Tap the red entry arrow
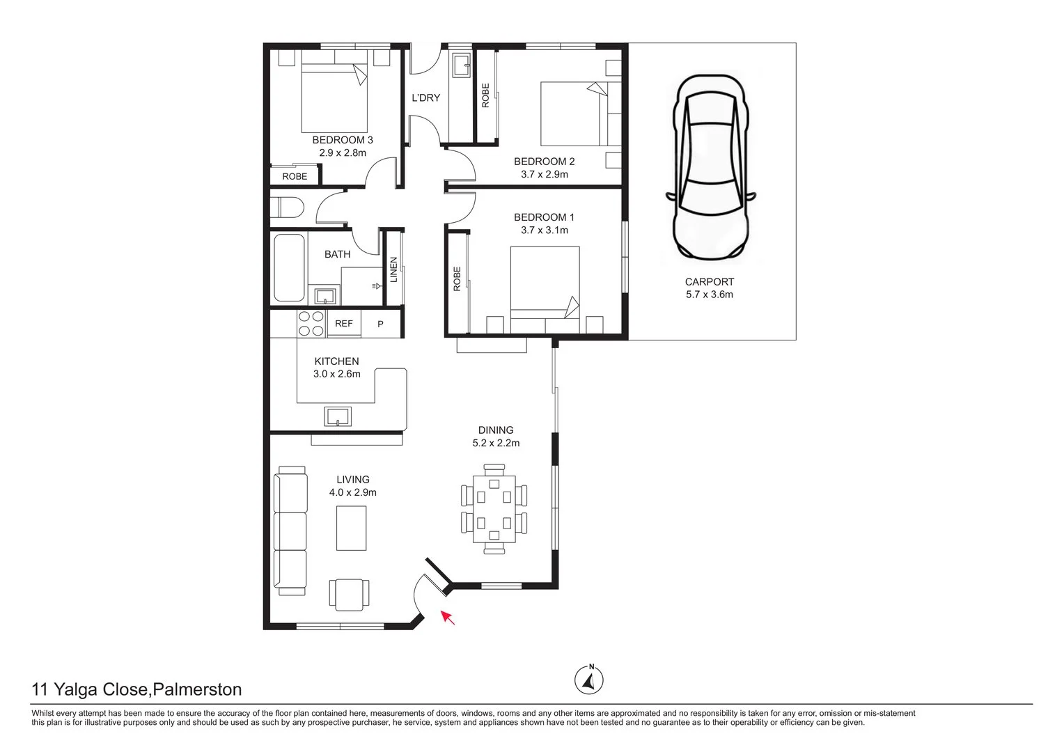tap(448, 617)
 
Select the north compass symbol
tap(589, 680)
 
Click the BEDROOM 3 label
tap(342, 140)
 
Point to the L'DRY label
tap(425, 98)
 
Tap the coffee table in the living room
tap(352, 528)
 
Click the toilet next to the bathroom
tap(287, 208)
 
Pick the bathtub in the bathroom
tap(288, 267)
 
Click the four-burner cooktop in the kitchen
tap(311, 324)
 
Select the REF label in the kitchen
tap(344, 324)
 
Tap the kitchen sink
tap(338, 416)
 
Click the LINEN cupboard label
tap(393, 270)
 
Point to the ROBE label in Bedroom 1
tap(457, 279)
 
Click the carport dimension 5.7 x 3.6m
tap(709, 295)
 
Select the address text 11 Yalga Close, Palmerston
tap(137, 689)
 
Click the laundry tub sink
tap(461, 66)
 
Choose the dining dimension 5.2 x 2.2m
tap(495, 443)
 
